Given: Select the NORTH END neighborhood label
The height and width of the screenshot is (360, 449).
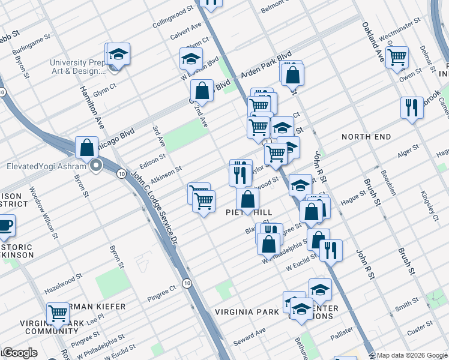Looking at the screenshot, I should click(366, 137).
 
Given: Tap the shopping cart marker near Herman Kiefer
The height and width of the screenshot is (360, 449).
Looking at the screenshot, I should click(58, 313).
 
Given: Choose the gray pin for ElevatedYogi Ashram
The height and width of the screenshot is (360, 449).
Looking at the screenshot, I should click(95, 166).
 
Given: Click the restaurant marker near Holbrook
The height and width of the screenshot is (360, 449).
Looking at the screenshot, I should click(411, 108).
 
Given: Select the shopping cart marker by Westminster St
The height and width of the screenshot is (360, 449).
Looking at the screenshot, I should click(397, 58).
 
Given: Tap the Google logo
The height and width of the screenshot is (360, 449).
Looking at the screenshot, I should click(19, 353).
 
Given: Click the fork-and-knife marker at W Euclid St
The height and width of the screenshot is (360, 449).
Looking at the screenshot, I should click(330, 250).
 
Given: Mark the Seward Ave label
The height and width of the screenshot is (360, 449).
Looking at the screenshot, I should click(252, 332).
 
